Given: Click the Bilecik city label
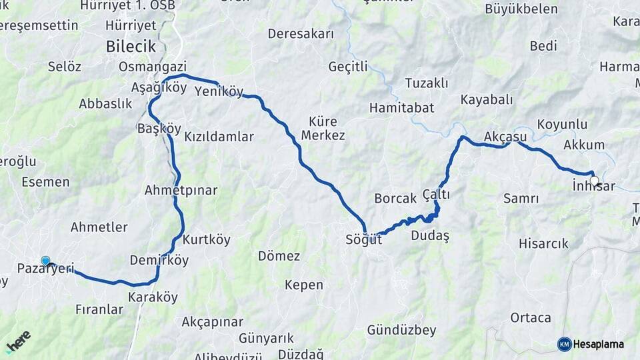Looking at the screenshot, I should point(131,47).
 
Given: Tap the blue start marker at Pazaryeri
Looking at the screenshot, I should point(45,261).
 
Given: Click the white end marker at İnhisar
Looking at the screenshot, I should point(594,180).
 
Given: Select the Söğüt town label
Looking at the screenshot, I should point(364,239).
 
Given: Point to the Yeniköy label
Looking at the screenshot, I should point(219,92).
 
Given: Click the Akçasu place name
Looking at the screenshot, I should point(505,137).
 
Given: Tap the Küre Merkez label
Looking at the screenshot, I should point(323,129).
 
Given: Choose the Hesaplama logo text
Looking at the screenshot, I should point(599,345).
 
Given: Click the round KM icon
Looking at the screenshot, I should point(564,345).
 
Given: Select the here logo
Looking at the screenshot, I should point(19,340).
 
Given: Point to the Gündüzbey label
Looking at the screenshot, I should point(401,330).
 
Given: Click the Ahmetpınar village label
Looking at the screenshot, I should point(181,190).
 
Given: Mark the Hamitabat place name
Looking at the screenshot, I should point(401,107).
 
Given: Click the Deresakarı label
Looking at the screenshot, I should point(300,33).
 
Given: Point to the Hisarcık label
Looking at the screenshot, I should point(543,243).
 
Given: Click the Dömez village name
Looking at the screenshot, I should point(279,256).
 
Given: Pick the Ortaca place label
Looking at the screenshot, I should point(531,317).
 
